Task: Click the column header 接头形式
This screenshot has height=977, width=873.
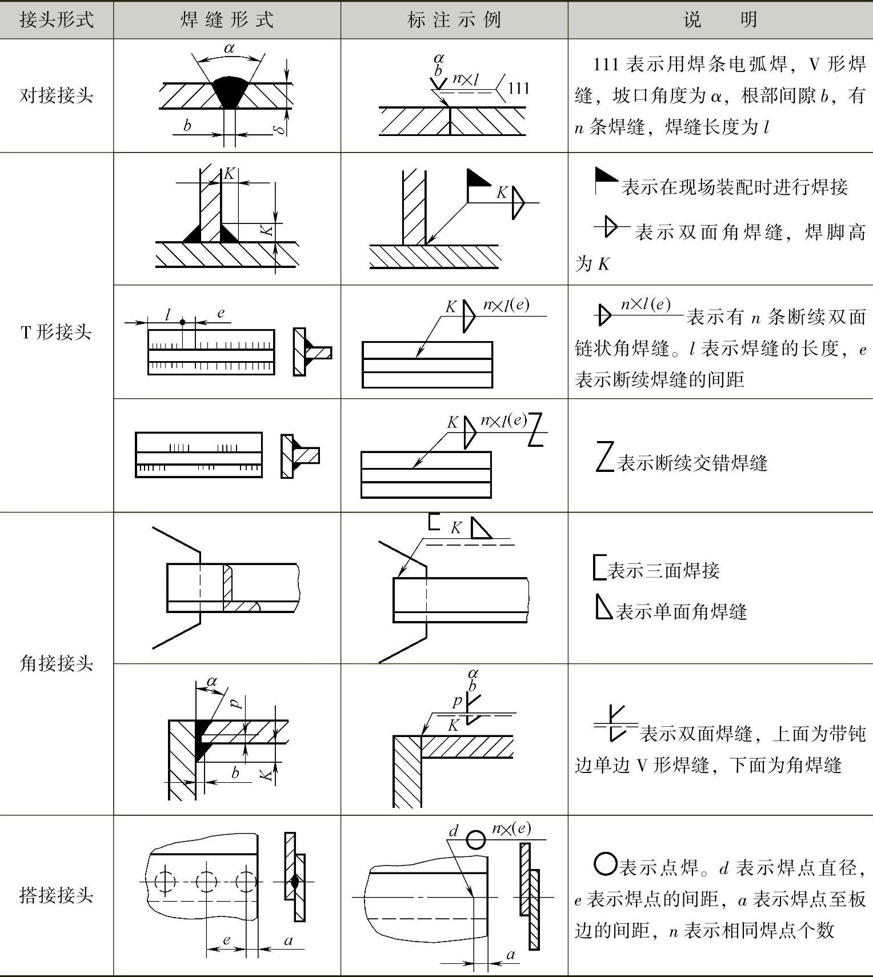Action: pos(57,20)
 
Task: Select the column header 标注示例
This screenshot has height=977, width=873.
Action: pos(454,20)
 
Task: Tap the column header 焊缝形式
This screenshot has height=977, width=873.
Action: pos(227,20)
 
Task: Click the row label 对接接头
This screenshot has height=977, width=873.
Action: pos(57,95)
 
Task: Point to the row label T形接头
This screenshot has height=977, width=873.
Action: pos(57,332)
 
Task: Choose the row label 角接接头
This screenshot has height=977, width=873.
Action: pos(57,663)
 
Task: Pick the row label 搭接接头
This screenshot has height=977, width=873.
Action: pos(57,895)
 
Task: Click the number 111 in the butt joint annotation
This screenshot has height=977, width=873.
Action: pos(518,88)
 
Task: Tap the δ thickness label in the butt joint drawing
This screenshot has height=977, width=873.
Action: pos(280,129)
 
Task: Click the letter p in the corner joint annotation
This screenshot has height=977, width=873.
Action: pos(457,701)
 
